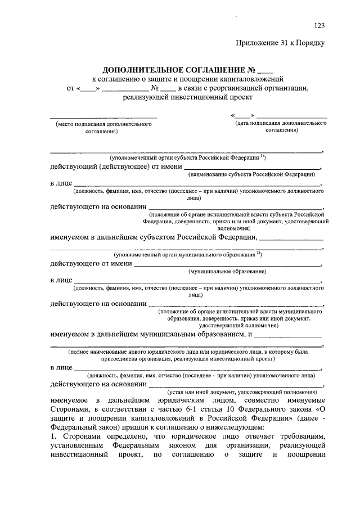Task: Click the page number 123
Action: click(319, 25)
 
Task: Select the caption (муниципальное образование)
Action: click(228, 272)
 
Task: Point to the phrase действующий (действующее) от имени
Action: click(116, 166)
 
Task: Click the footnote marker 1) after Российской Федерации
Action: click(263, 156)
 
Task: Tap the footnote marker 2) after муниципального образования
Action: click(258, 253)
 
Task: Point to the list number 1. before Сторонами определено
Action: click(53, 437)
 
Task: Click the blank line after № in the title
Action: click(264, 71)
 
